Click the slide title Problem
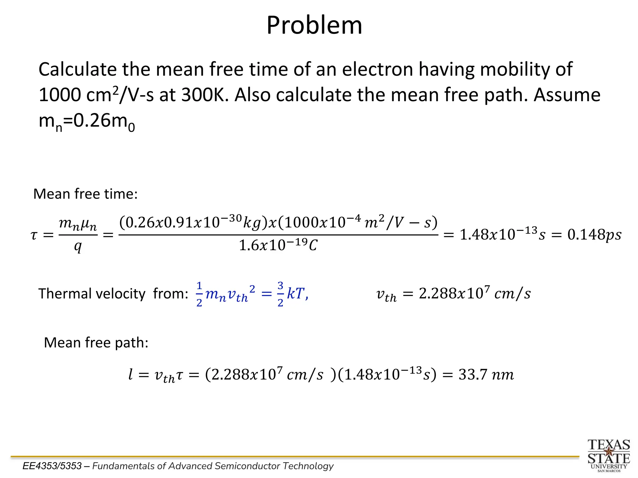pyautogui.click(x=314, y=26)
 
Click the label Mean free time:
pyautogui.click(x=85, y=194)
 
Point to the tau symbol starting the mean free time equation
pyautogui.click(x=34, y=235)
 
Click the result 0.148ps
pyautogui.click(x=594, y=235)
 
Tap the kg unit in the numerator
pyautogui.click(x=251, y=223)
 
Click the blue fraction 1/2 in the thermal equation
pyautogui.click(x=199, y=294)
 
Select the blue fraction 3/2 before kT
pyautogui.click(x=280, y=294)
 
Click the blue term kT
pyautogui.click(x=295, y=293)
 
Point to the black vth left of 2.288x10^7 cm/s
pyautogui.click(x=386, y=295)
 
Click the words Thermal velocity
pyautogui.click(x=92, y=294)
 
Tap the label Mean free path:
pyautogui.click(x=96, y=343)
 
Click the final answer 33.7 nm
pyautogui.click(x=486, y=375)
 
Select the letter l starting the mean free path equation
pyautogui.click(x=131, y=374)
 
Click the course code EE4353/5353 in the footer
pyautogui.click(x=52, y=466)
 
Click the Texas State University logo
pyautogui.click(x=609, y=455)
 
